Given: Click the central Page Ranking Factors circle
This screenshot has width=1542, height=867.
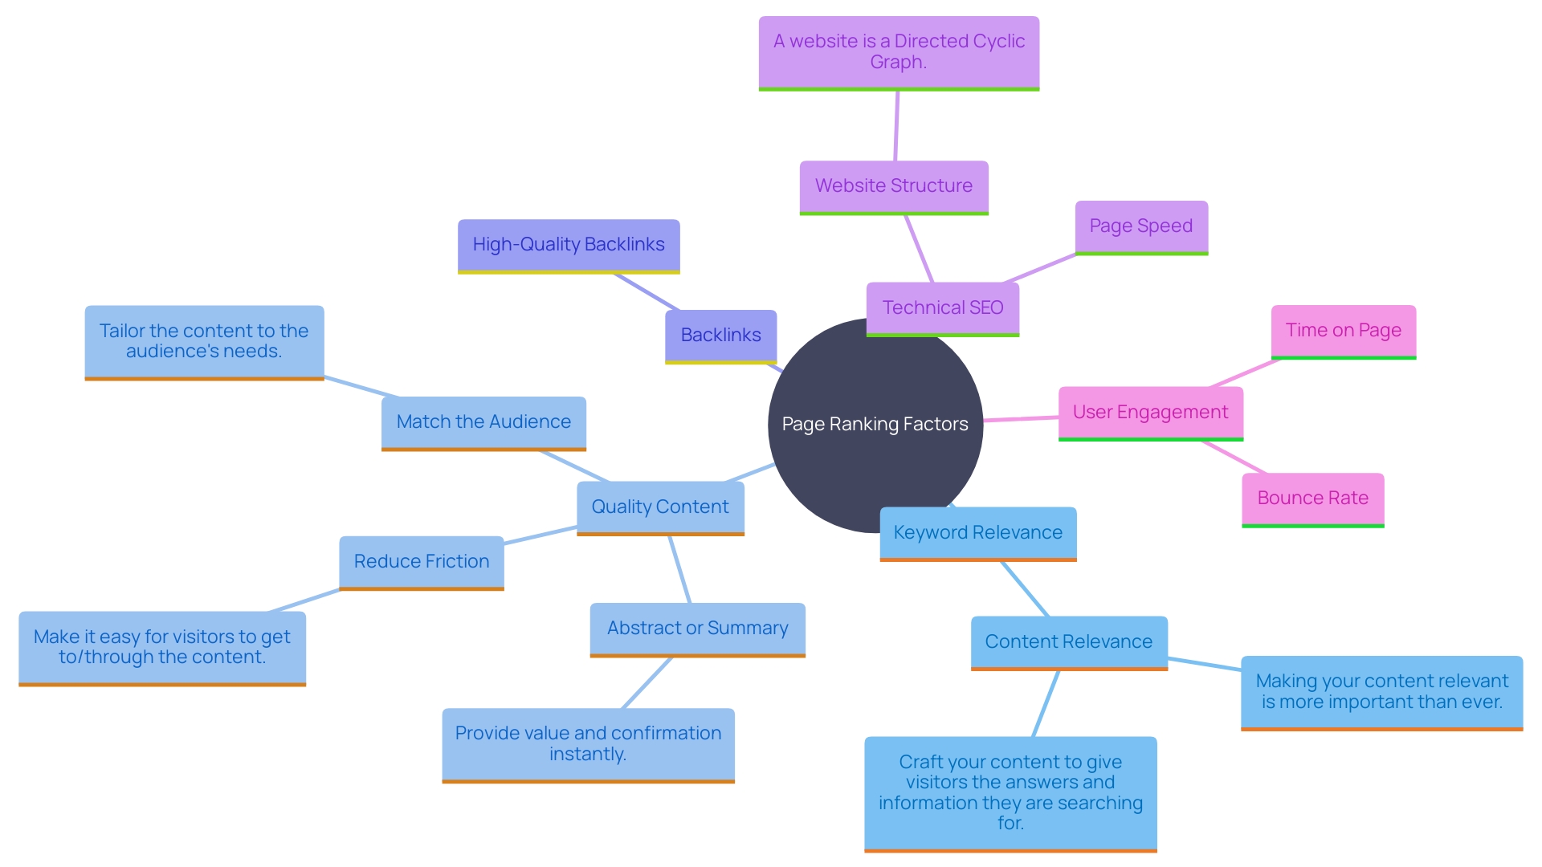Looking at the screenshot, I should [875, 424].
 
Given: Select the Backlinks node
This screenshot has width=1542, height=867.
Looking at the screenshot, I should [720, 336].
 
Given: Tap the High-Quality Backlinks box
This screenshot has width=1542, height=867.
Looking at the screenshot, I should [569, 245].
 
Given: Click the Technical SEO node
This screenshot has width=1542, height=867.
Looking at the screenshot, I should [942, 308].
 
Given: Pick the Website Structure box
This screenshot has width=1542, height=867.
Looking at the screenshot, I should [893, 186].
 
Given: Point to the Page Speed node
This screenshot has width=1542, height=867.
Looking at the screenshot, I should [1140, 226].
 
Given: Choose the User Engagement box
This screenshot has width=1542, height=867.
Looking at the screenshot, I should [1150, 413].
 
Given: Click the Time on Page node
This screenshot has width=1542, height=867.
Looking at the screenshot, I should [1343, 331].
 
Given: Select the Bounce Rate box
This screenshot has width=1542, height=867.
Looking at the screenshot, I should [1312, 499].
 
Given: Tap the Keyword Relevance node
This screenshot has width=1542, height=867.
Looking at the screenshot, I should [977, 533].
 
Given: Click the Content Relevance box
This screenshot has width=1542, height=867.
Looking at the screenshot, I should [1068, 642].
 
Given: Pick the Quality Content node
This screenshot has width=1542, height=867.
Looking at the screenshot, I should [660, 507].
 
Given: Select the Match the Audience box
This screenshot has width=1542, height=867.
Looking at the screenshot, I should [483, 422].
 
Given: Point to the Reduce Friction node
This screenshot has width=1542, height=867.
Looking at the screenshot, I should [421, 562].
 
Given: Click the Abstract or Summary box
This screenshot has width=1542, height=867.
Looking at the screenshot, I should [697, 629].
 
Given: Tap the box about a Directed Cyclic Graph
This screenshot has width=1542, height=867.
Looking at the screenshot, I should [899, 52].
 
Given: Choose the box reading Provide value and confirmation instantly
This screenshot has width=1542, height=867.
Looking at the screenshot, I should [588, 744].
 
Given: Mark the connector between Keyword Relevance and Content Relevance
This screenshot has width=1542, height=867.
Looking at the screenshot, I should [1025, 588].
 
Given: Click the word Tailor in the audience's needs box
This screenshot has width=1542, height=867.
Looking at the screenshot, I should [122, 332].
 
